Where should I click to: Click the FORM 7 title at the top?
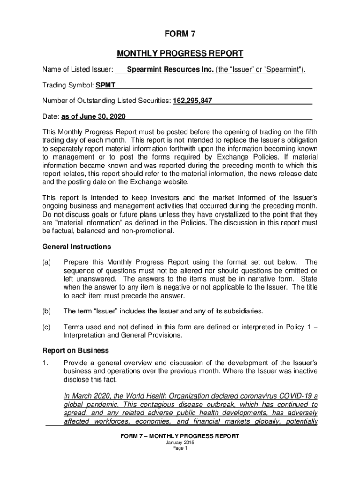(180, 34)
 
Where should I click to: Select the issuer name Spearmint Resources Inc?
(170, 70)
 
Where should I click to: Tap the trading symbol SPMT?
(106, 86)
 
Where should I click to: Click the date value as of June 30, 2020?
(94, 116)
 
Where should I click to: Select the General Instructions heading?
(77, 247)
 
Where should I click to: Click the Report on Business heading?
(76, 350)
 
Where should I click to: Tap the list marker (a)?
(46, 262)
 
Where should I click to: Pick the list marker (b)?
(46, 311)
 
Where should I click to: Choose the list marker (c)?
(46, 327)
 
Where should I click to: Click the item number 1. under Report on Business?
(45, 363)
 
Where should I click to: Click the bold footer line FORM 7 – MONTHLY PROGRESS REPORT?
(180, 436)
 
